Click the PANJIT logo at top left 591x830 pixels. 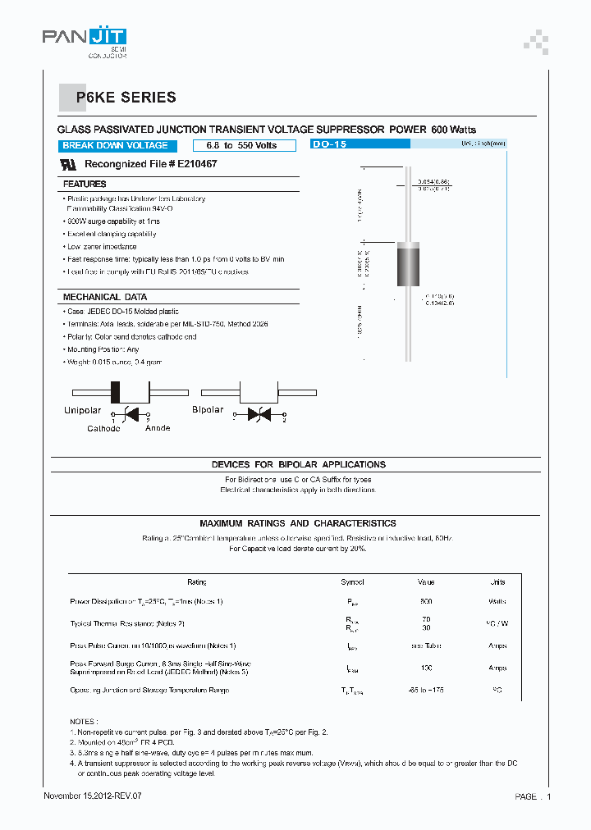[x=85, y=39]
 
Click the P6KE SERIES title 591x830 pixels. [x=126, y=98]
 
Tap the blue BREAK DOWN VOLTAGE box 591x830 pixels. [x=115, y=145]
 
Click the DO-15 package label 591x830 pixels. [x=329, y=144]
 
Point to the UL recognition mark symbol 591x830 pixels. [x=70, y=164]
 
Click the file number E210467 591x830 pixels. [x=197, y=164]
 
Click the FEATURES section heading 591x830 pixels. [x=85, y=185]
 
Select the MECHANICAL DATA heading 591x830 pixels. [x=105, y=297]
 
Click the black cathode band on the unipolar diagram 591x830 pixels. [x=116, y=391]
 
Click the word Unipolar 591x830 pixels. [x=83, y=410]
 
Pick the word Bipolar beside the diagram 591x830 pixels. [x=208, y=409]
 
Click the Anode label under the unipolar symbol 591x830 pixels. [x=158, y=428]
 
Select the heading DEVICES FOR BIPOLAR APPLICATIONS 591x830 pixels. [x=298, y=464]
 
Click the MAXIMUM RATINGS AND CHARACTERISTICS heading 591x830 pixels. [x=298, y=523]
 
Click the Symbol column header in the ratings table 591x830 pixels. [x=352, y=581]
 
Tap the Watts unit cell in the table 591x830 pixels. [x=497, y=601]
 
